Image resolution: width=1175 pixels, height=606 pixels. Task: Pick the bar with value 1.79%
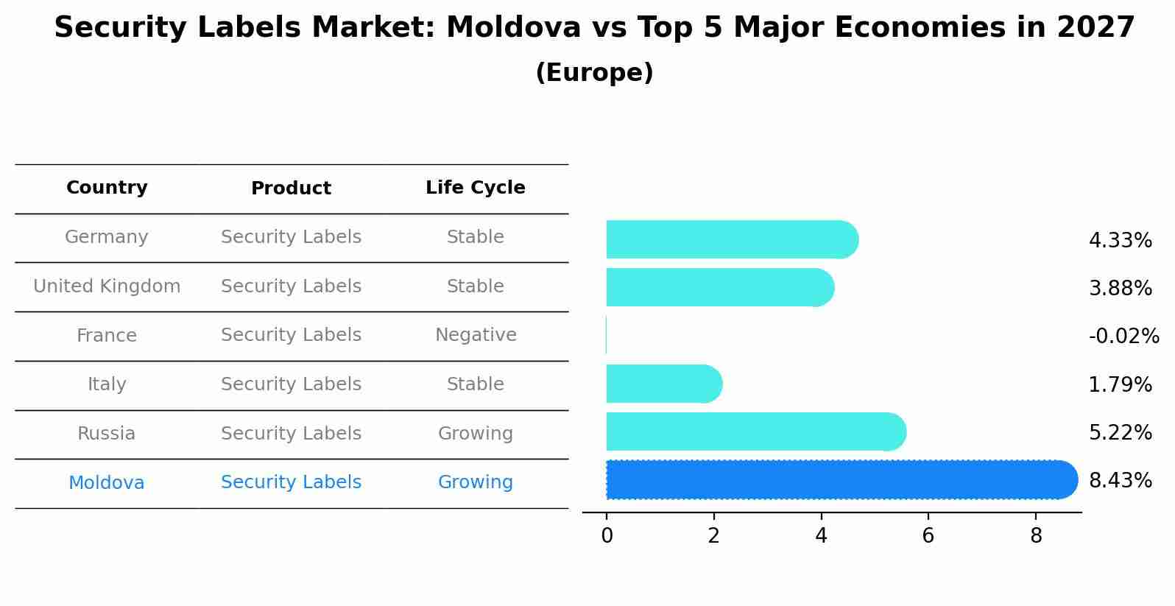pos(663,384)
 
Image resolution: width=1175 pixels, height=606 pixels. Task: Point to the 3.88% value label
pos(1120,288)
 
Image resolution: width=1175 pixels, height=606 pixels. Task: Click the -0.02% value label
pos(1123,336)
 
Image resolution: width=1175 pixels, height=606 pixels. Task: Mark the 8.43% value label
pos(1120,480)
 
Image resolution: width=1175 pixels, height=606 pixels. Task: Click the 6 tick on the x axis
pos(928,536)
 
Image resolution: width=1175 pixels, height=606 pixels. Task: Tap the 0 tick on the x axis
pos(607,536)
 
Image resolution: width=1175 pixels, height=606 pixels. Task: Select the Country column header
pos(107,188)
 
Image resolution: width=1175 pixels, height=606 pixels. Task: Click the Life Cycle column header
pos(475,188)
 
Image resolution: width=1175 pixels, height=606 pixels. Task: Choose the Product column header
pos(291,189)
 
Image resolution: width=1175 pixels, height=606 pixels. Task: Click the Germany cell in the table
pos(107,237)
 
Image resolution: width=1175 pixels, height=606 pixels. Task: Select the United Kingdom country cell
pos(107,286)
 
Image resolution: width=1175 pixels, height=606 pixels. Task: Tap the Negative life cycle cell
pos(476,335)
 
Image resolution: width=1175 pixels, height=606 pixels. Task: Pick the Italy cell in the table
pos(107,384)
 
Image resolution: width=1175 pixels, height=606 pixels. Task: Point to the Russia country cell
pos(107,434)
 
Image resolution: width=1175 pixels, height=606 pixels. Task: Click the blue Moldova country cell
pos(107,483)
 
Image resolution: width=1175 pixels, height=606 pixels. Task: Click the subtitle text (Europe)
pos(594,73)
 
